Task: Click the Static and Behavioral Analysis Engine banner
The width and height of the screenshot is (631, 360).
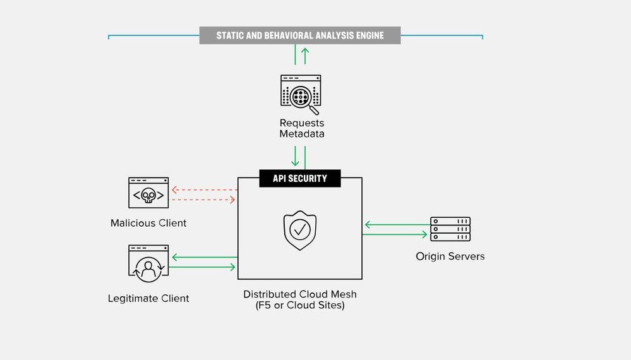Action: point(299,35)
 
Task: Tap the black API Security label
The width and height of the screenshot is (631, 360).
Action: point(299,179)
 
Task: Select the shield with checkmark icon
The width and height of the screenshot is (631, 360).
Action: point(300,230)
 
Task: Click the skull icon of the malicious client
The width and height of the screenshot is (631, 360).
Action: point(148,194)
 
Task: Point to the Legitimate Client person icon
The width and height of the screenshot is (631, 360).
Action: point(148,263)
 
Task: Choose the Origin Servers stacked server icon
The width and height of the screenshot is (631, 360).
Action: point(450,229)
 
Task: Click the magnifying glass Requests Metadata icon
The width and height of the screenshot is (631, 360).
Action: point(300,94)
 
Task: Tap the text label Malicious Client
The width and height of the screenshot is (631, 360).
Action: point(148,223)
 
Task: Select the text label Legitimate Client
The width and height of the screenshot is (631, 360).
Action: point(148,298)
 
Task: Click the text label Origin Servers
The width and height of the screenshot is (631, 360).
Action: point(450,256)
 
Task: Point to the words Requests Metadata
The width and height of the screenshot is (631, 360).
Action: point(301,128)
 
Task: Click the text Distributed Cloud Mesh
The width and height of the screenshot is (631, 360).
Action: point(299,294)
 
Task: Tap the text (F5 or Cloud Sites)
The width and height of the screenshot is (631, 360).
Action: point(299,306)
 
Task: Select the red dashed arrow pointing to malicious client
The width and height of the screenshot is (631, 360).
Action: point(203,189)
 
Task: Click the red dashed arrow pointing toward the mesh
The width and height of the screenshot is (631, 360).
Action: point(203,200)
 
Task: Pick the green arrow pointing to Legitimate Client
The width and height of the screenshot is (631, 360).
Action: point(203,257)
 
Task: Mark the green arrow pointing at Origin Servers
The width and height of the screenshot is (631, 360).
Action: point(395,234)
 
